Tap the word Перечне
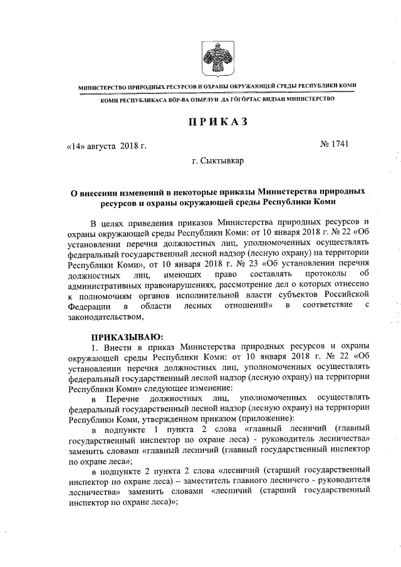click(x=124, y=397)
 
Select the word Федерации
click(x=86, y=305)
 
